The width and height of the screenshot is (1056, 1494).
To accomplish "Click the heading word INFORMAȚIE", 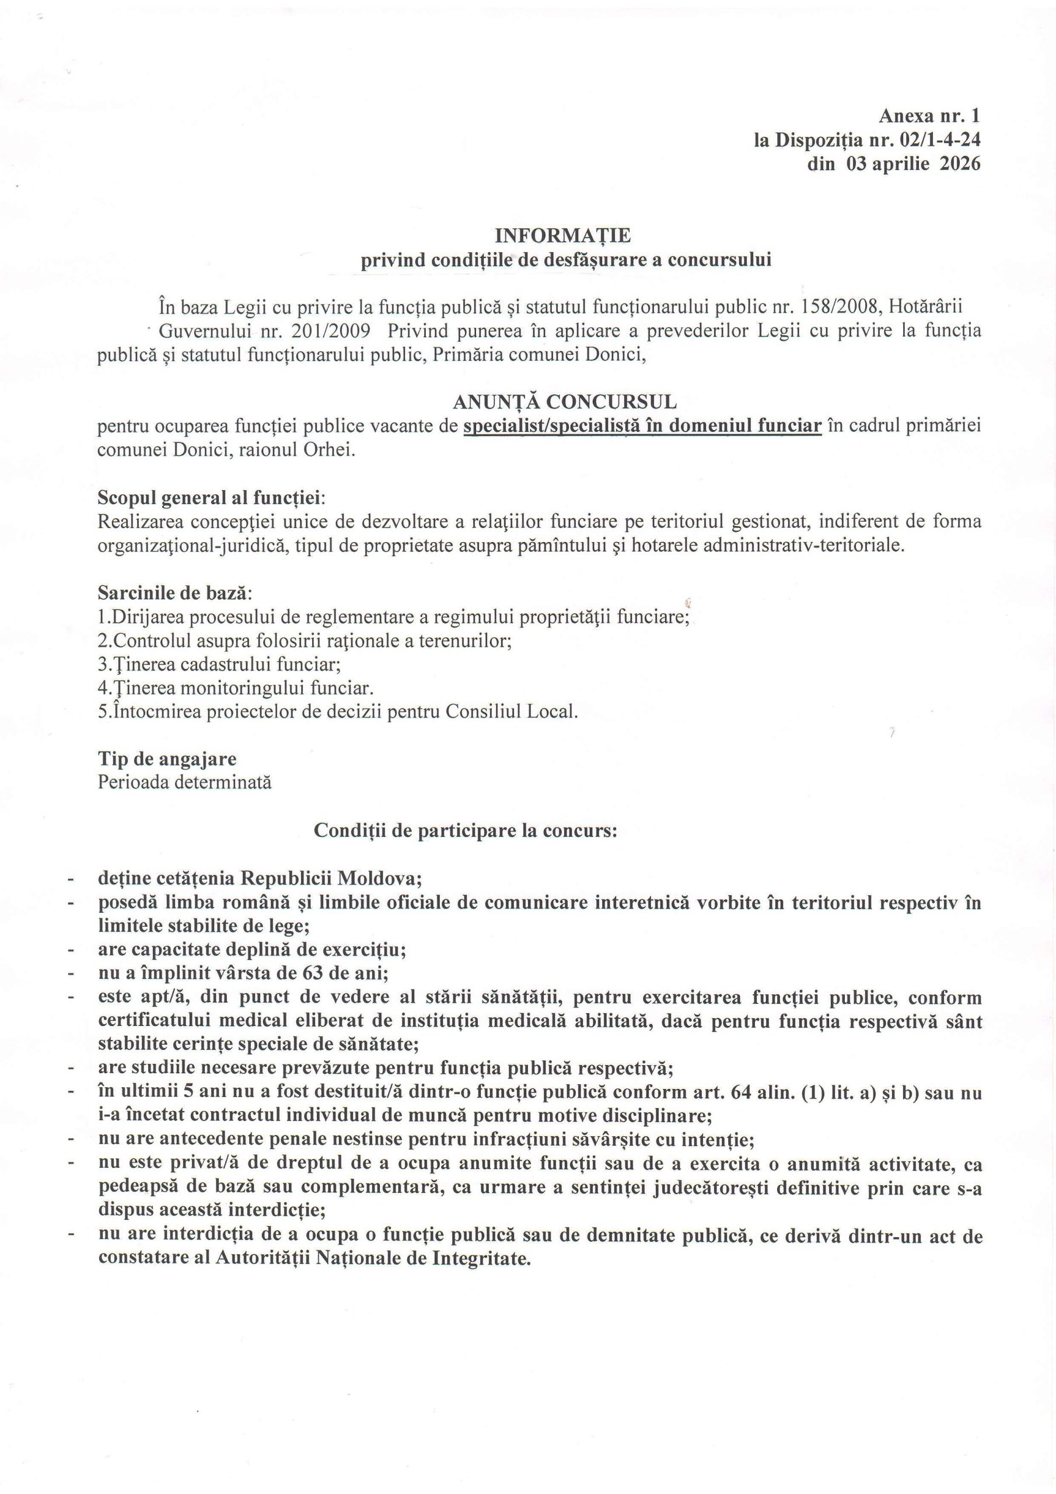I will point(564,235).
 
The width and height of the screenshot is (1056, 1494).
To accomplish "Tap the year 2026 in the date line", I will point(960,164).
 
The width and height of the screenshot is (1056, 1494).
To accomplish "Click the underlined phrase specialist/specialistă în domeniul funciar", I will point(642,426).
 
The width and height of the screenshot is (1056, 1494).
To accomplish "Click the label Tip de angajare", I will point(167,759).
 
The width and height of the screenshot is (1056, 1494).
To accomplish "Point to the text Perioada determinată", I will point(185,781).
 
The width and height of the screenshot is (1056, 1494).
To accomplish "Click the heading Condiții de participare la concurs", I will point(464,830).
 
